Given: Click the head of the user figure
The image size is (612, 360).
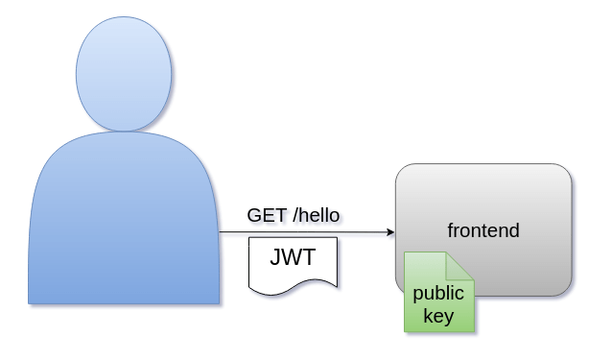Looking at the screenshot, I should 124,74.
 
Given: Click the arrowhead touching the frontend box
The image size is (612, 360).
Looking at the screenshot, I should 390,232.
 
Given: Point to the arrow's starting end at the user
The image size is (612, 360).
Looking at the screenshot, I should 220,232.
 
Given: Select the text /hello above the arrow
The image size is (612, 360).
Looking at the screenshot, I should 316,213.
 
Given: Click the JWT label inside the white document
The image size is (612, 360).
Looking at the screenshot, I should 293,257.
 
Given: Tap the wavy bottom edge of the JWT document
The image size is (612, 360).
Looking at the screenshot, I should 293,285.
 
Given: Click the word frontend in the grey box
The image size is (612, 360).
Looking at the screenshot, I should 483,230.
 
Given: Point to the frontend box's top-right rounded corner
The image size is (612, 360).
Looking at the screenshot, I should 566,170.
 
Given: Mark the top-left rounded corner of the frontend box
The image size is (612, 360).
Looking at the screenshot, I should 402,170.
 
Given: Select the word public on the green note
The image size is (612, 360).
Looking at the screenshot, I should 438,294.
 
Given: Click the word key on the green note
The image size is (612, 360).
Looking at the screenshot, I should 438,316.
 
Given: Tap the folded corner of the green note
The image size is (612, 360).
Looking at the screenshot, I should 462,263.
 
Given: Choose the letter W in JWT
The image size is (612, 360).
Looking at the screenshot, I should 292,257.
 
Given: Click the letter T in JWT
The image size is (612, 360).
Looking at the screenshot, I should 308,257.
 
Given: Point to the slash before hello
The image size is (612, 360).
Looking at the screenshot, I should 294,213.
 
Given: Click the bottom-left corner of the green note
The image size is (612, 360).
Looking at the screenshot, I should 406,330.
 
